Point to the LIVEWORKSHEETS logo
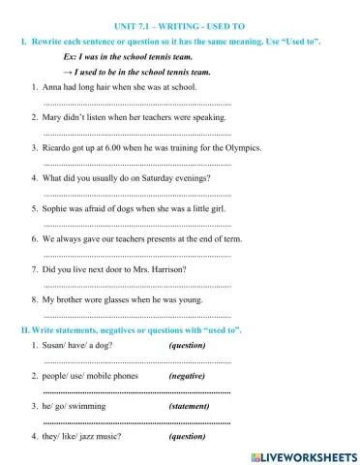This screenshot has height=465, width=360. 303,455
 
